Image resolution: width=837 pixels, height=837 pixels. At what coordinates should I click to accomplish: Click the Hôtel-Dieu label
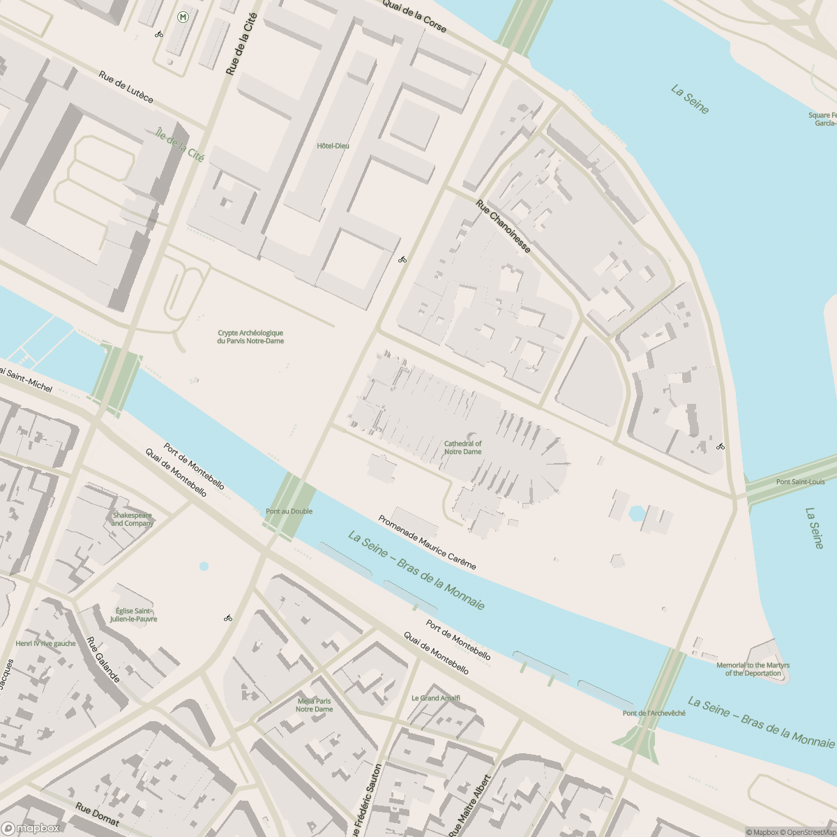coord(333,146)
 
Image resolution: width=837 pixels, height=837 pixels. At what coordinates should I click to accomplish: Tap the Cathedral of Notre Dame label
coord(462,447)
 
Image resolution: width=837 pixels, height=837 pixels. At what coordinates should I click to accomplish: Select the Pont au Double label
coord(289,511)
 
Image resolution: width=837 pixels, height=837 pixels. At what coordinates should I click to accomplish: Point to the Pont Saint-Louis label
coord(800,482)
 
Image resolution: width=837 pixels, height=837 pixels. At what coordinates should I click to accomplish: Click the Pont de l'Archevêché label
coord(654,713)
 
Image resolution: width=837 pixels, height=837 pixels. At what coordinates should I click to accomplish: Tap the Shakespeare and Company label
coord(132,519)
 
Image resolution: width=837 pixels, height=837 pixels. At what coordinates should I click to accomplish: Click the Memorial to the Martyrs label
coord(753,669)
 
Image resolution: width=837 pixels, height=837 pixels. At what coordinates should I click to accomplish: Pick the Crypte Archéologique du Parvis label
coord(250,337)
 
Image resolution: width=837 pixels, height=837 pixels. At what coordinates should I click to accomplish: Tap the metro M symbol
coord(183,16)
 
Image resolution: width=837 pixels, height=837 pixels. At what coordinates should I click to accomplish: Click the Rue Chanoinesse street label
coord(504,227)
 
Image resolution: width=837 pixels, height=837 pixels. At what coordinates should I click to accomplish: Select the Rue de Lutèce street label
coord(126,87)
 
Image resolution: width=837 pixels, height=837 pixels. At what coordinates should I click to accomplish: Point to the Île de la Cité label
coord(180,144)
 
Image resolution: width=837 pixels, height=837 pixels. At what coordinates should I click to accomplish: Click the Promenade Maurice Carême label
coord(427,543)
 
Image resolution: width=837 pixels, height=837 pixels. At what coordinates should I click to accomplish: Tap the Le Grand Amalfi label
coord(435,697)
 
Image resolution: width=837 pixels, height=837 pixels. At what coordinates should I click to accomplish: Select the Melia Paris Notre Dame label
coord(314,705)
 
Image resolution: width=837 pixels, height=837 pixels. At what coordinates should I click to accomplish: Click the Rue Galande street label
coord(103,660)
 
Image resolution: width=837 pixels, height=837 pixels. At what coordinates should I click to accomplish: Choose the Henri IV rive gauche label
coord(45,643)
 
